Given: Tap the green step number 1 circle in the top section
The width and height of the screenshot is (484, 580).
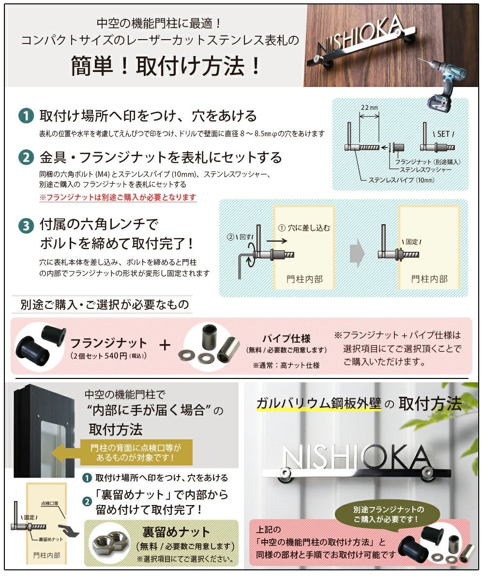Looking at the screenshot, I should pos(26,116).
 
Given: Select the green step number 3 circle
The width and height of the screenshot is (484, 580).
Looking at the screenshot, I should pos(26,225).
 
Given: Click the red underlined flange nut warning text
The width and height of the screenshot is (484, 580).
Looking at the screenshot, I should pos(118,197).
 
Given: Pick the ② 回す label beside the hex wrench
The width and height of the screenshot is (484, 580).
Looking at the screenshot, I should pos(240,237).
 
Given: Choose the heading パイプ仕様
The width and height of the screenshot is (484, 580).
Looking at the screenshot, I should pos(286,338).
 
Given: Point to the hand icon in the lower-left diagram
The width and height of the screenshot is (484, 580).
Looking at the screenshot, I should pos(70,530).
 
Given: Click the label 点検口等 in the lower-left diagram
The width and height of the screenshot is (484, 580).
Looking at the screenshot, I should pos(49,503).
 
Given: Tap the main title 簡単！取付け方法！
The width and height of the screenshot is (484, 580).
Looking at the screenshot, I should pos(166,66).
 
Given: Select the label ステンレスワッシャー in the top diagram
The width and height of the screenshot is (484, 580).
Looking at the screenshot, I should pos(425,170).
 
